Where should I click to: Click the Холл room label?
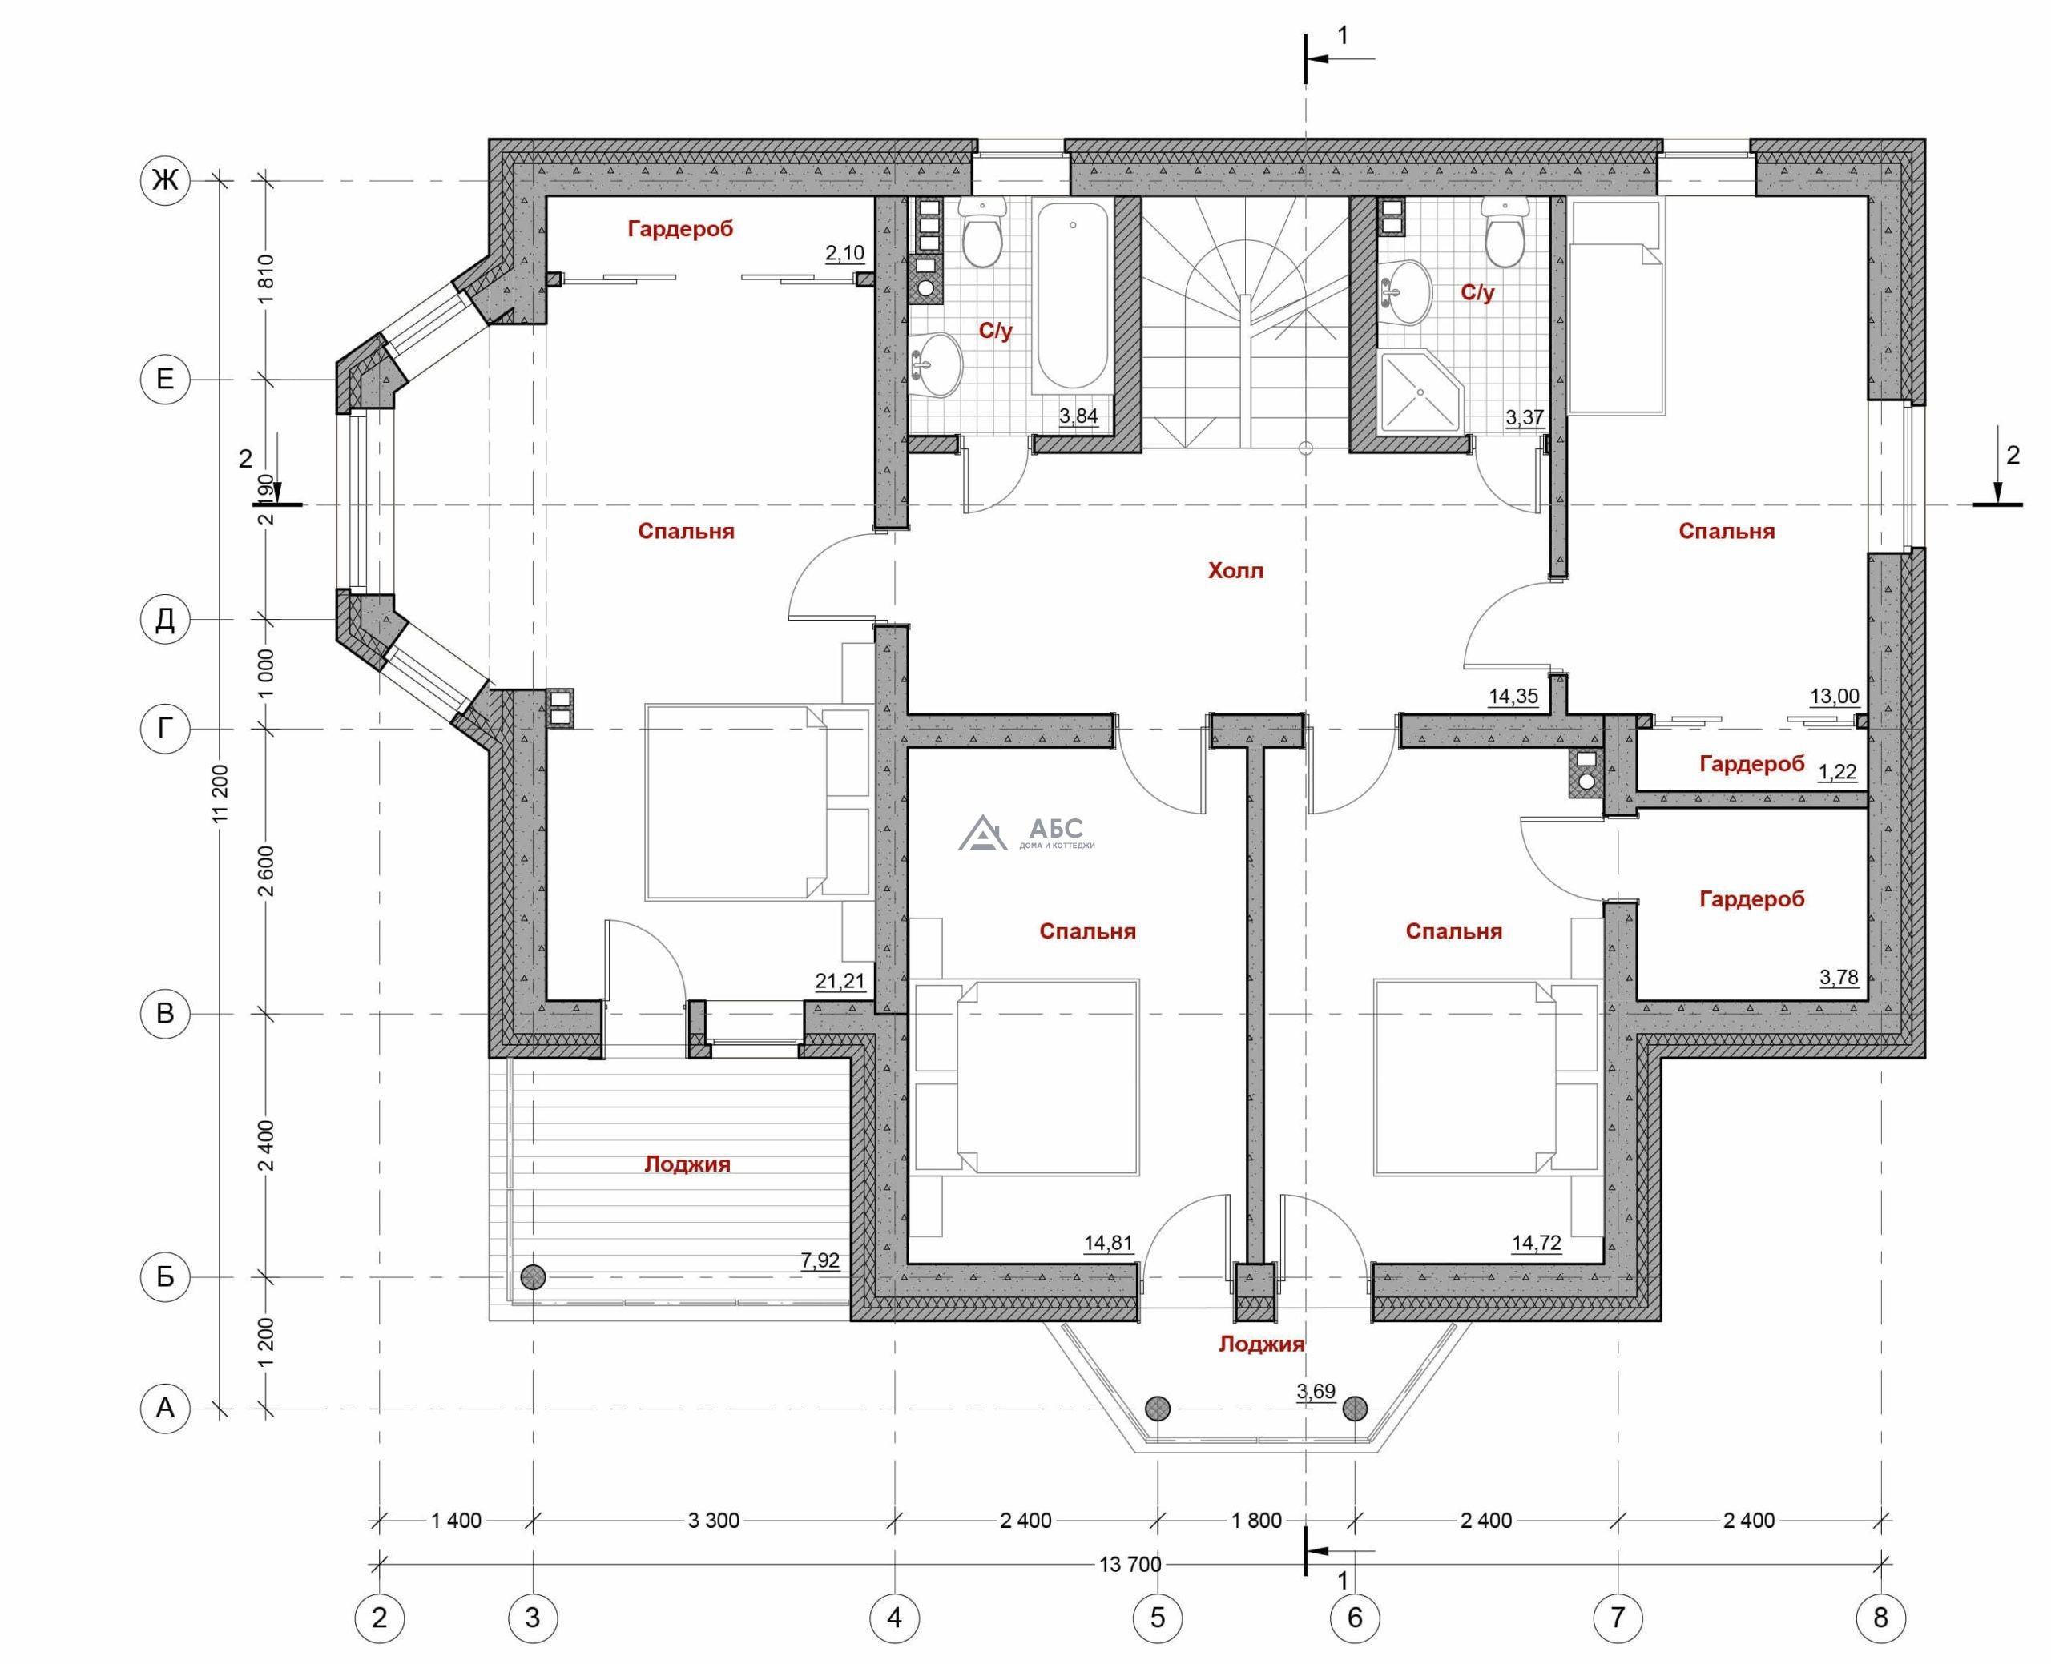pos(1235,571)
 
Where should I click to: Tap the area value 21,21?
pos(840,982)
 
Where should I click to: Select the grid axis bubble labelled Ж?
pos(165,179)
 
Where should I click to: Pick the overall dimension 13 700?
pos(1130,1566)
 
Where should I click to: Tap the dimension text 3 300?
pos(713,1520)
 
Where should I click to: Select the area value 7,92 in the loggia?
pos(820,1260)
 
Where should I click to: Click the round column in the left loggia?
pos(533,1276)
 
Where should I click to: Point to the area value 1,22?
pos(1837,773)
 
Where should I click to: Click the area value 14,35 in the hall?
pos(1513,697)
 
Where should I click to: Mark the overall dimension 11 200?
pos(223,794)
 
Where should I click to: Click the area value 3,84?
pos(1078,416)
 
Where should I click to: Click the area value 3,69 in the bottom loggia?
pos(1316,1392)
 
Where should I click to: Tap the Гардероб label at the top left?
pos(680,229)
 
